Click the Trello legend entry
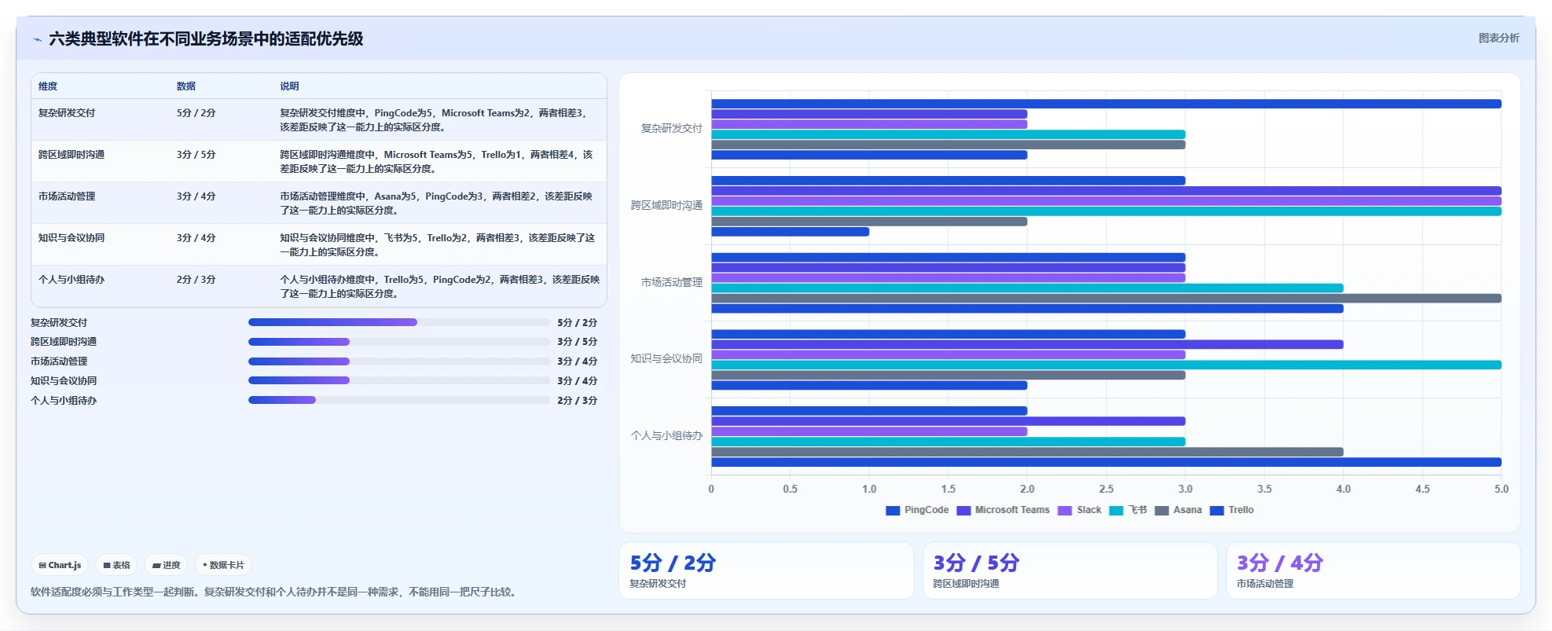1231,510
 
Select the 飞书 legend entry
1128,510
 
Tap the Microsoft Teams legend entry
1003,510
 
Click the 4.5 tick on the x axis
1422,489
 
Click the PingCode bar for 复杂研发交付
1106,104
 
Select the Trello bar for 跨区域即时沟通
790,232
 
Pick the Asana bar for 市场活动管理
1106,299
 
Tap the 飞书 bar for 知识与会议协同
1106,365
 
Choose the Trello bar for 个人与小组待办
1106,462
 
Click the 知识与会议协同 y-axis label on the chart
666,358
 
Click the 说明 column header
289,86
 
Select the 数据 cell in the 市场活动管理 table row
196,196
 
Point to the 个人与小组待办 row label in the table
72,280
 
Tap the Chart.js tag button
60,565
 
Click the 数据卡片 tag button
223,565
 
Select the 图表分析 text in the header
1499,38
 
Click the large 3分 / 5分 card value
976,563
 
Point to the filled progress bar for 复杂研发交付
332,322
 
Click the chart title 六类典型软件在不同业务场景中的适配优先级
206,39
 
